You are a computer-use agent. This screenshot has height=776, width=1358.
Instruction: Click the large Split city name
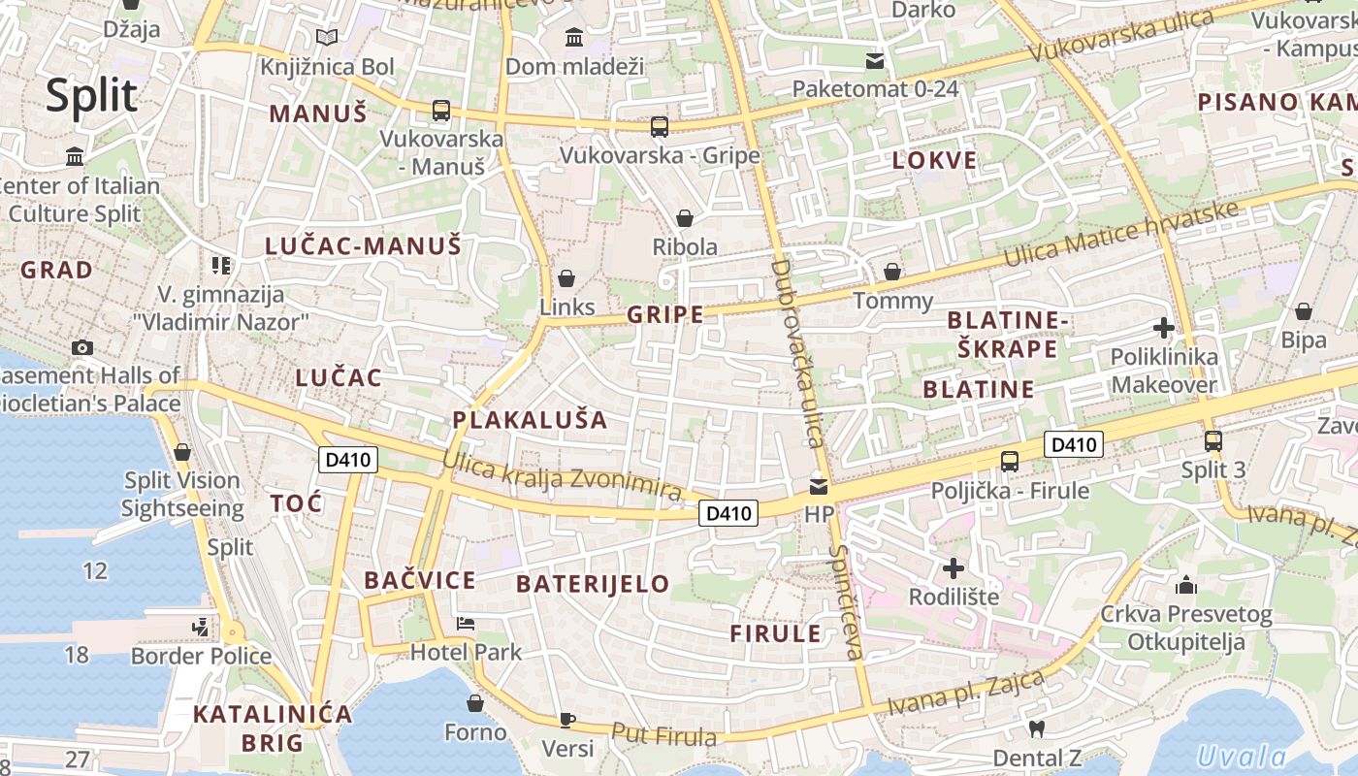92,95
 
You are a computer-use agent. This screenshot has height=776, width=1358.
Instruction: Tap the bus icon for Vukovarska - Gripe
660,126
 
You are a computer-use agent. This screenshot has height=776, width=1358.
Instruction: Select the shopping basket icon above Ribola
685,218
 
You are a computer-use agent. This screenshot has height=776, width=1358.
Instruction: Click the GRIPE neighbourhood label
665,314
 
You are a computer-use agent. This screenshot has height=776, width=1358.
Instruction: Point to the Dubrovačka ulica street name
800,353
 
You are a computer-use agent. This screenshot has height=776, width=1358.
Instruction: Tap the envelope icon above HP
820,486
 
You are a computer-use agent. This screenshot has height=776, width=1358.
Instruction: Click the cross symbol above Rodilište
954,567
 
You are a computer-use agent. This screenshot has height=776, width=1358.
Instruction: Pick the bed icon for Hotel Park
466,623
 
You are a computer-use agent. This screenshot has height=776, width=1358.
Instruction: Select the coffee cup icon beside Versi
567,720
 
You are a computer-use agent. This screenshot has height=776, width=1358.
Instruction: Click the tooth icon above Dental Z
1036,728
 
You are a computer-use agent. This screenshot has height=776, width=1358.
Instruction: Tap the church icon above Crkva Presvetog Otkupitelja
1185,585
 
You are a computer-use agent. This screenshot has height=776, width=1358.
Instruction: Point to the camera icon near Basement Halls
82,347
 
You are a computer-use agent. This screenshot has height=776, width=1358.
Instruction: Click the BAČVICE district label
420,581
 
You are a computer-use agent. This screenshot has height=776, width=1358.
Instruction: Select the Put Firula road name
664,735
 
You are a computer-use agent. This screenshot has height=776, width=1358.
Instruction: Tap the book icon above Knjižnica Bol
328,38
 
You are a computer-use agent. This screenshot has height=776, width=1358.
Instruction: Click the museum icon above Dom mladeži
574,38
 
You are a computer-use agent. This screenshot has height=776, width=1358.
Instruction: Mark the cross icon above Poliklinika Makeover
1164,328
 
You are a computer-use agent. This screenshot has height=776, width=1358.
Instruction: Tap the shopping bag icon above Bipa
1304,311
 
